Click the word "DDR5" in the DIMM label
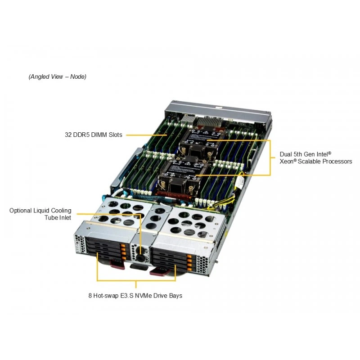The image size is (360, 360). click(x=81, y=135)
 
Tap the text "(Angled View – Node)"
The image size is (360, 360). click(x=58, y=76)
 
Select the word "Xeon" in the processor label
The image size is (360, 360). click(x=287, y=162)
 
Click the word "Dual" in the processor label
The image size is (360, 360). click(x=285, y=154)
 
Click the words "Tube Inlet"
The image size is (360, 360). click(x=58, y=218)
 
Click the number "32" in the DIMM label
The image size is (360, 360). click(x=68, y=135)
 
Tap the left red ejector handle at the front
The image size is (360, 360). click(x=117, y=264)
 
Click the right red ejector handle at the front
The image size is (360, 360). click(x=158, y=271)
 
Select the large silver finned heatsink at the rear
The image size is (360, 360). click(x=209, y=121)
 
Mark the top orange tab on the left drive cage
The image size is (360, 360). click(x=123, y=246)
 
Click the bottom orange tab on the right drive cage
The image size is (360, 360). click(x=189, y=269)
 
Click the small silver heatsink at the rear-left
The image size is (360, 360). click(x=188, y=120)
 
